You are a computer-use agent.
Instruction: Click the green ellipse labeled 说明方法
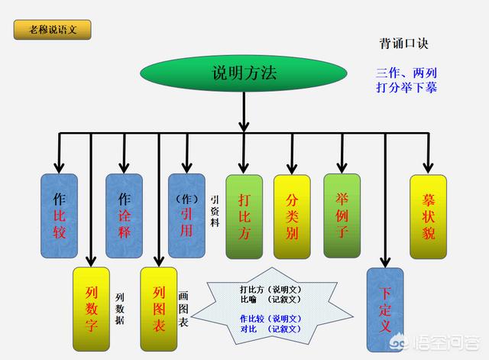244,73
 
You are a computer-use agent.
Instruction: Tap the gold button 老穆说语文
53,30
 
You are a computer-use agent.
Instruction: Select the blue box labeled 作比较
60,216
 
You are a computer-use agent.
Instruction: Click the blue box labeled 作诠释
124,216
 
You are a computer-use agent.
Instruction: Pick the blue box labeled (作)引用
186,216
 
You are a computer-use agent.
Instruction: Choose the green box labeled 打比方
244,217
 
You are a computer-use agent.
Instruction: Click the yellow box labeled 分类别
292,217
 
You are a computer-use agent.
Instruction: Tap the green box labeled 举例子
342,216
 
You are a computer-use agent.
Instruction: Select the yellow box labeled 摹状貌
428,217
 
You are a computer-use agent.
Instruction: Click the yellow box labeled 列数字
91,309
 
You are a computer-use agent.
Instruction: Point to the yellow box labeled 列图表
159,309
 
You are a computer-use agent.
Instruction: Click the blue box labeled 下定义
385,310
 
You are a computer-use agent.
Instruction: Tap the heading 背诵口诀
404,44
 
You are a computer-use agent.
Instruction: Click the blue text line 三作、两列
406,73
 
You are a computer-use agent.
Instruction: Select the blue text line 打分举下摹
406,87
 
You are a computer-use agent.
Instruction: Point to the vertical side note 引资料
215,211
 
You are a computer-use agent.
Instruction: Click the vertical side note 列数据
120,309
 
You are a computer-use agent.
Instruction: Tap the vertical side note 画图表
183,309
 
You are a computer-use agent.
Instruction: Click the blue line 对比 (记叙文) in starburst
270,329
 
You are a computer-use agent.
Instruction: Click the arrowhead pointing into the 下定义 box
385,262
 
